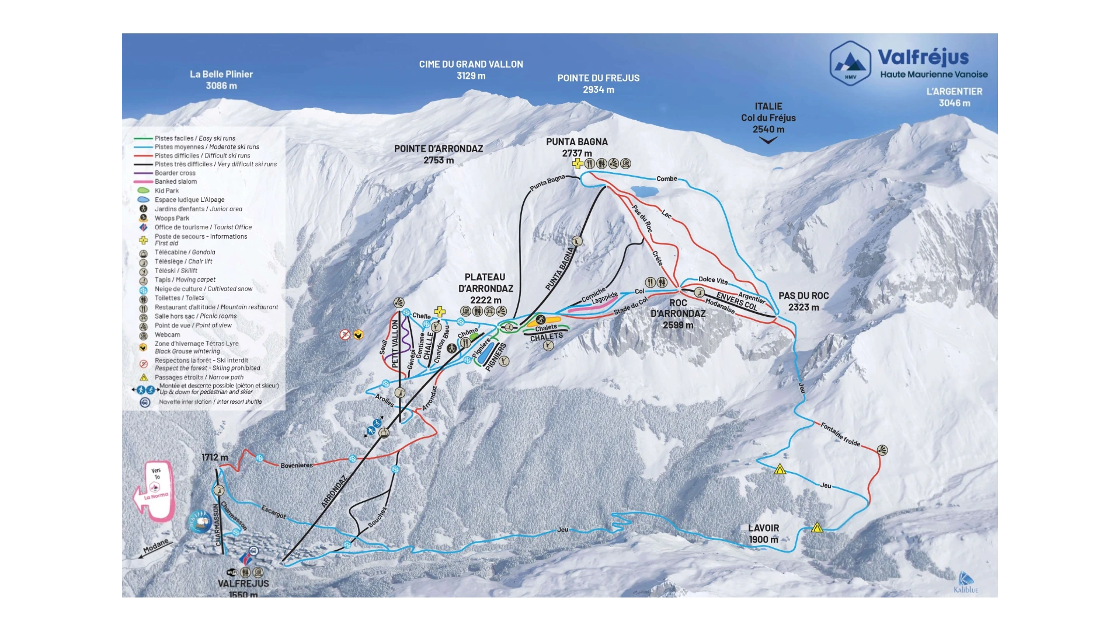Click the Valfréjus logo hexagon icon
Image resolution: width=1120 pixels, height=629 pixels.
click(x=850, y=63)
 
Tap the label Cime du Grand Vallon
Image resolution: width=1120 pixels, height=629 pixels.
click(x=471, y=70)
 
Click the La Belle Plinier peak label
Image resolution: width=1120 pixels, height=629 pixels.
click(x=221, y=80)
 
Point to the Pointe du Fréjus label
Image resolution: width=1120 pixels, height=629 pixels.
click(x=598, y=83)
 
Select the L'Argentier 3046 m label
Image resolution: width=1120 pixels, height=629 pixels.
click(x=954, y=97)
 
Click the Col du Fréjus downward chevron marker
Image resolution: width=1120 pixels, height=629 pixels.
click(x=768, y=140)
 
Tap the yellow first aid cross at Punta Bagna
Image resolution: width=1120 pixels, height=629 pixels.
click(x=578, y=163)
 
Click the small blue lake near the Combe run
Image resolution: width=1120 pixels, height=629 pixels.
click(x=644, y=191)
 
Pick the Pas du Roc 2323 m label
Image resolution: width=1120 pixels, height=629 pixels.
click(x=804, y=301)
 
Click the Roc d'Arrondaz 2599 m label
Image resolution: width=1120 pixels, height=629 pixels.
click(x=678, y=314)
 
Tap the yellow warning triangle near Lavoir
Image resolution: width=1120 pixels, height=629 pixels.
click(x=817, y=527)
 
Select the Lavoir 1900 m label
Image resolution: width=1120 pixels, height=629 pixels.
click(x=764, y=533)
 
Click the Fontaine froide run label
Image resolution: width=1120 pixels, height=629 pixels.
click(x=840, y=434)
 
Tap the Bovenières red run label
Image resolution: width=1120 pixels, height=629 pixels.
click(x=297, y=465)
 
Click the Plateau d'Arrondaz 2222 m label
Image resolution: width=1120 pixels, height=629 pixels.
click(x=485, y=288)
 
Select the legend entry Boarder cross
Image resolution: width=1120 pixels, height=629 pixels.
click(x=175, y=173)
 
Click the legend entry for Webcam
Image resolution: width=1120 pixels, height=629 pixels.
click(x=167, y=334)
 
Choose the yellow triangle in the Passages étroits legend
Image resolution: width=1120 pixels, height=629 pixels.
click(x=144, y=378)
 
